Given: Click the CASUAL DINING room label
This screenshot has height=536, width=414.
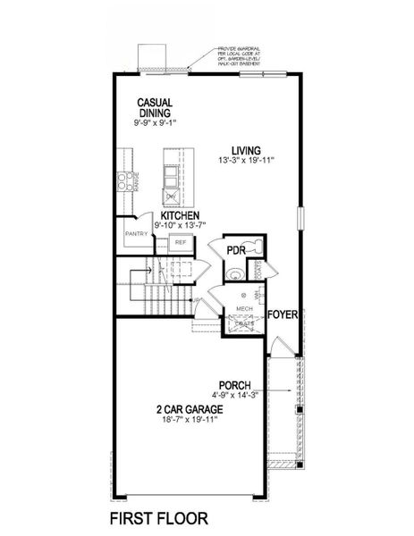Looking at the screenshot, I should click(x=155, y=108).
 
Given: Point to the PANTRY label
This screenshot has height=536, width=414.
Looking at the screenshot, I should click(x=136, y=234).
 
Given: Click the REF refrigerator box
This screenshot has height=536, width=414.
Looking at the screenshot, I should click(x=180, y=241).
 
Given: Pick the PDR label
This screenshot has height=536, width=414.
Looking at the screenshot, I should click(x=235, y=250).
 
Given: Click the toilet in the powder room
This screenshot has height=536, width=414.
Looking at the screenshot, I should click(x=253, y=247).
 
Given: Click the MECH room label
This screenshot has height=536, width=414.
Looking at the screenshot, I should click(x=243, y=309).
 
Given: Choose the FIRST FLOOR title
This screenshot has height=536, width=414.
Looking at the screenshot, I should click(x=158, y=516).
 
